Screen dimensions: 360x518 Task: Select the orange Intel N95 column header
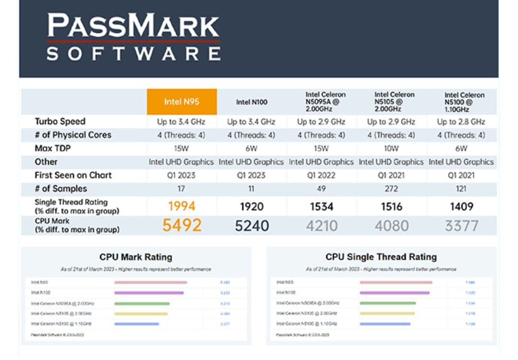182,102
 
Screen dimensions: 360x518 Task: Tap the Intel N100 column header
252,102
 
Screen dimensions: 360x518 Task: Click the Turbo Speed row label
60,121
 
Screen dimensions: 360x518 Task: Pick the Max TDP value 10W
391,148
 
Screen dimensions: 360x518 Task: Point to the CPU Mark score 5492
182,225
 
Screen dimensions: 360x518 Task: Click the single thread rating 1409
461,206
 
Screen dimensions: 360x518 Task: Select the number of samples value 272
391,189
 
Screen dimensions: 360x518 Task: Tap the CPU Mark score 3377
461,226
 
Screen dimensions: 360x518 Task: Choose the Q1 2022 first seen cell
321,175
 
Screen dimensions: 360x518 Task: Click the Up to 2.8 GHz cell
461,121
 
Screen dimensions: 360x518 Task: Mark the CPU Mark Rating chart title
136,257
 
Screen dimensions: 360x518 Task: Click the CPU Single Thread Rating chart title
381,257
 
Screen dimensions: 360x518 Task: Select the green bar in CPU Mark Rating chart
142,303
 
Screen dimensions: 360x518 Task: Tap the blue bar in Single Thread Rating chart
385,324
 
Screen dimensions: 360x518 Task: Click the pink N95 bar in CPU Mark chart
151,282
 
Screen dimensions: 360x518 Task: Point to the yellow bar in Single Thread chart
387,313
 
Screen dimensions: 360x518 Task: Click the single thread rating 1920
252,206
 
